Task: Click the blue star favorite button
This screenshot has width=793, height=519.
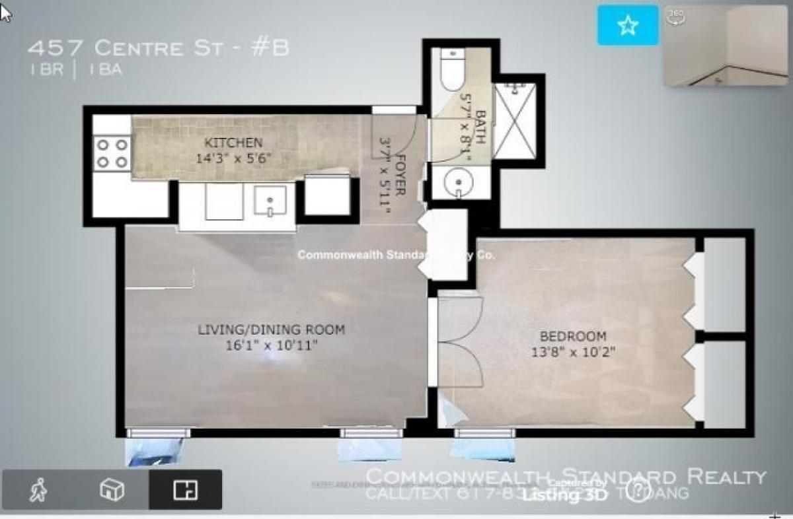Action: point(628,26)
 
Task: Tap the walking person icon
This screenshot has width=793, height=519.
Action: point(39,490)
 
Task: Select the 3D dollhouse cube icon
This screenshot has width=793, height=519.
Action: point(112,490)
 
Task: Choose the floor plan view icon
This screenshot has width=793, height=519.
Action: point(185,490)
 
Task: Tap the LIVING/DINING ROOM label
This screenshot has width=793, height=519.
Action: point(272,329)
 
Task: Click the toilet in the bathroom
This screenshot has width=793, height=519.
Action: point(454,71)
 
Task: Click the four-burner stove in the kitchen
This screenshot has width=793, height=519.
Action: point(112,153)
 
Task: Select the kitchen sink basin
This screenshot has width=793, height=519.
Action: point(270,201)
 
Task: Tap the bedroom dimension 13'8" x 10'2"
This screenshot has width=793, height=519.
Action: point(574,352)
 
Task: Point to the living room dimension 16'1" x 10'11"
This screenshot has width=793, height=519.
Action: point(272,345)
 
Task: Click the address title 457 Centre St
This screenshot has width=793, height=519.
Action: point(159,48)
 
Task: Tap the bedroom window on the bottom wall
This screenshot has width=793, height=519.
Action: point(484,433)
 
